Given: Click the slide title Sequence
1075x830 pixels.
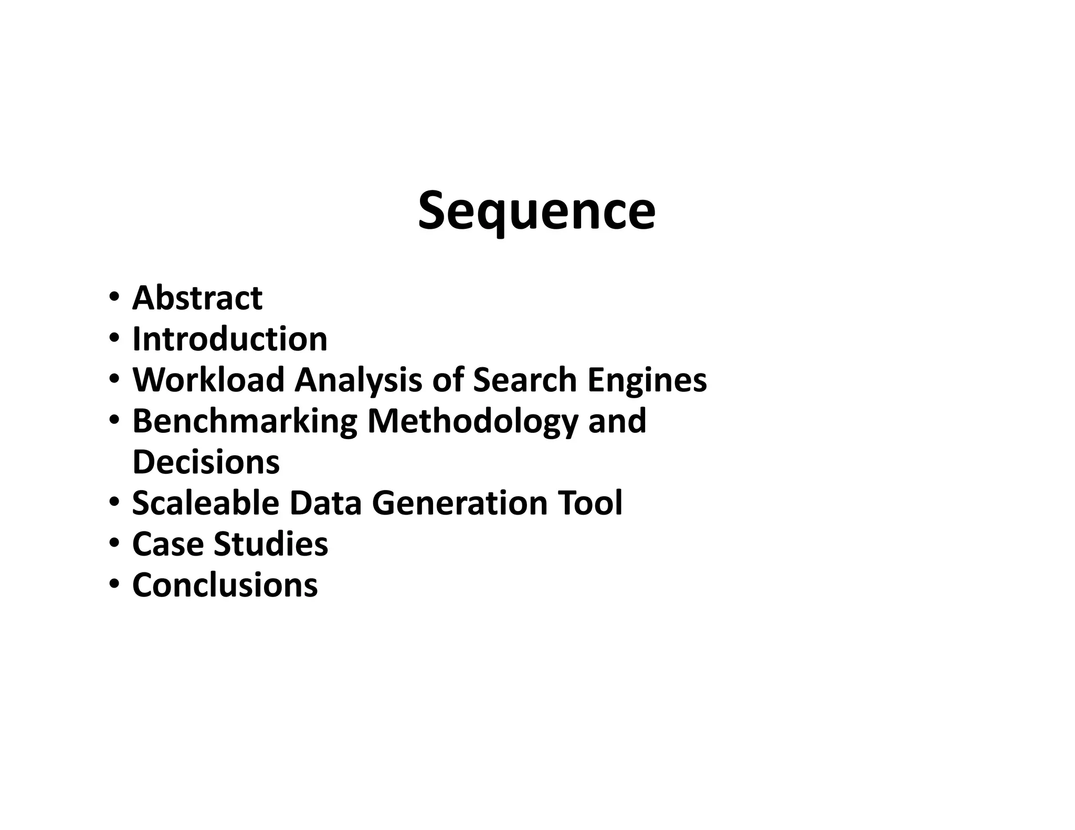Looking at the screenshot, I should click(x=536, y=211).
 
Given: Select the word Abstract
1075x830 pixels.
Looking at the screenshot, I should click(x=197, y=298).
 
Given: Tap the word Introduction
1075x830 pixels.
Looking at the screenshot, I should click(x=230, y=339).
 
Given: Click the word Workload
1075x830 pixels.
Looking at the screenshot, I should click(x=208, y=380).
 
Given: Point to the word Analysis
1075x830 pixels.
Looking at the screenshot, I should click(x=358, y=380).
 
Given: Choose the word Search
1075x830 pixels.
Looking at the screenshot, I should click(x=525, y=380).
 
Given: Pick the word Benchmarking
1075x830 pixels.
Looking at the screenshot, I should click(x=245, y=421).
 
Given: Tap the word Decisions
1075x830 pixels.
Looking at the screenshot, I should click(x=206, y=462).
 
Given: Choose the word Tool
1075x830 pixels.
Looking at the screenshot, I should click(x=590, y=503).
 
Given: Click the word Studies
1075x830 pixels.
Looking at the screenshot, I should click(x=271, y=544).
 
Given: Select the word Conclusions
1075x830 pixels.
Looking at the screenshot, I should click(x=225, y=584).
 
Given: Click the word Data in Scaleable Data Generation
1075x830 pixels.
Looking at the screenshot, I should click(x=325, y=503).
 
